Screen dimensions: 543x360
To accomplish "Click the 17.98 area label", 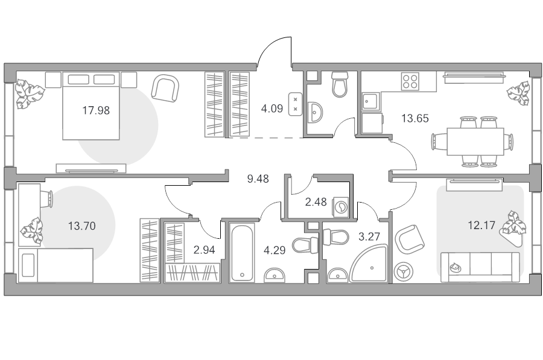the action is (96, 110).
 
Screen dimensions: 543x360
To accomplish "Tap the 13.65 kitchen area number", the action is (415, 118).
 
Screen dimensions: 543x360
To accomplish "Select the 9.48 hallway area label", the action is (258, 179).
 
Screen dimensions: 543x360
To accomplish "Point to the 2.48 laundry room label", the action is (316, 202).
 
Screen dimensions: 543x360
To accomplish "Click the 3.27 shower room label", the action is (369, 237).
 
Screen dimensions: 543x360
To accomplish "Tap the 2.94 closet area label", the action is (205, 250).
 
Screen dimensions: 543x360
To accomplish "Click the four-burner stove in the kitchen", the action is (410, 81).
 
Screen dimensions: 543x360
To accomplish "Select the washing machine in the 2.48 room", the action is (340, 207).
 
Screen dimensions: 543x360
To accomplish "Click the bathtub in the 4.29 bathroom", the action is (242, 252).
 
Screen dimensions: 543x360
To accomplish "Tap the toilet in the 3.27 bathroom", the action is (335, 237).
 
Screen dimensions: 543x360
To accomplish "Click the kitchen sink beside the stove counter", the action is (371, 101).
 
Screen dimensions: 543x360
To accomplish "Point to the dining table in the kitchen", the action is (475, 142).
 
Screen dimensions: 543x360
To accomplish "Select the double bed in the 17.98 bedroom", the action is (91, 106).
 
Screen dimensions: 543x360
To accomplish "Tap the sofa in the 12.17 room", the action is (480, 267).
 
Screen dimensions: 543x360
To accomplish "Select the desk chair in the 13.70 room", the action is (47, 199).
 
